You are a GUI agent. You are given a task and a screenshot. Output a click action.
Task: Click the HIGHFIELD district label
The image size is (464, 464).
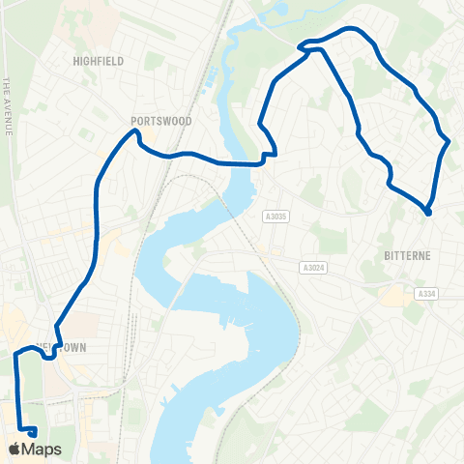coord(99,60)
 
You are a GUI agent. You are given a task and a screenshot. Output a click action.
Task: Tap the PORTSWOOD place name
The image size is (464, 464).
coord(161,122)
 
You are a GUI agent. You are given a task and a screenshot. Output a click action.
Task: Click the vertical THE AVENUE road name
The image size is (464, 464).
coord(7,106)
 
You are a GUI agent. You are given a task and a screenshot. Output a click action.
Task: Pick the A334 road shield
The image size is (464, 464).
coord(426,293)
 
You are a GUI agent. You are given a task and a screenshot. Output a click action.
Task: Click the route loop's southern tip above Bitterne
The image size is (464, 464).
coord(427,212)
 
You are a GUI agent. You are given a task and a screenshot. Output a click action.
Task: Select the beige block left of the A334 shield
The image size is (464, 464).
coord(393,295)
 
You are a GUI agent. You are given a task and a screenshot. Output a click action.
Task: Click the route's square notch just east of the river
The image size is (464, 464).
coord(270,156)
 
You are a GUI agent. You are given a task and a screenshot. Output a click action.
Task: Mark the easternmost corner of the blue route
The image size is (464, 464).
coord(449,142)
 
